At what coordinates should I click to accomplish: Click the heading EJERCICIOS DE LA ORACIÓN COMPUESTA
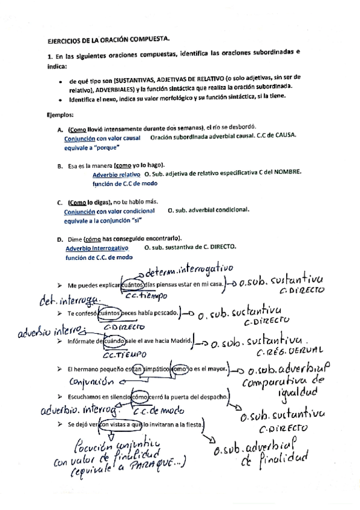click(109, 38)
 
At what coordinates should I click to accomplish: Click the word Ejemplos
click(59, 114)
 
